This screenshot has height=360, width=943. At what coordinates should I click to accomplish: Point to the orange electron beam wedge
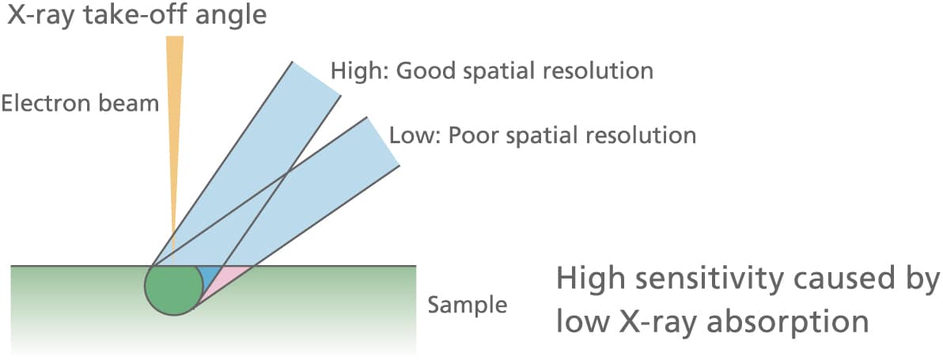174,119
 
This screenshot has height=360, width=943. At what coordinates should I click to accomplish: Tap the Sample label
467,305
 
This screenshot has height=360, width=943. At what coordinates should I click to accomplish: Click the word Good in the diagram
422,70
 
